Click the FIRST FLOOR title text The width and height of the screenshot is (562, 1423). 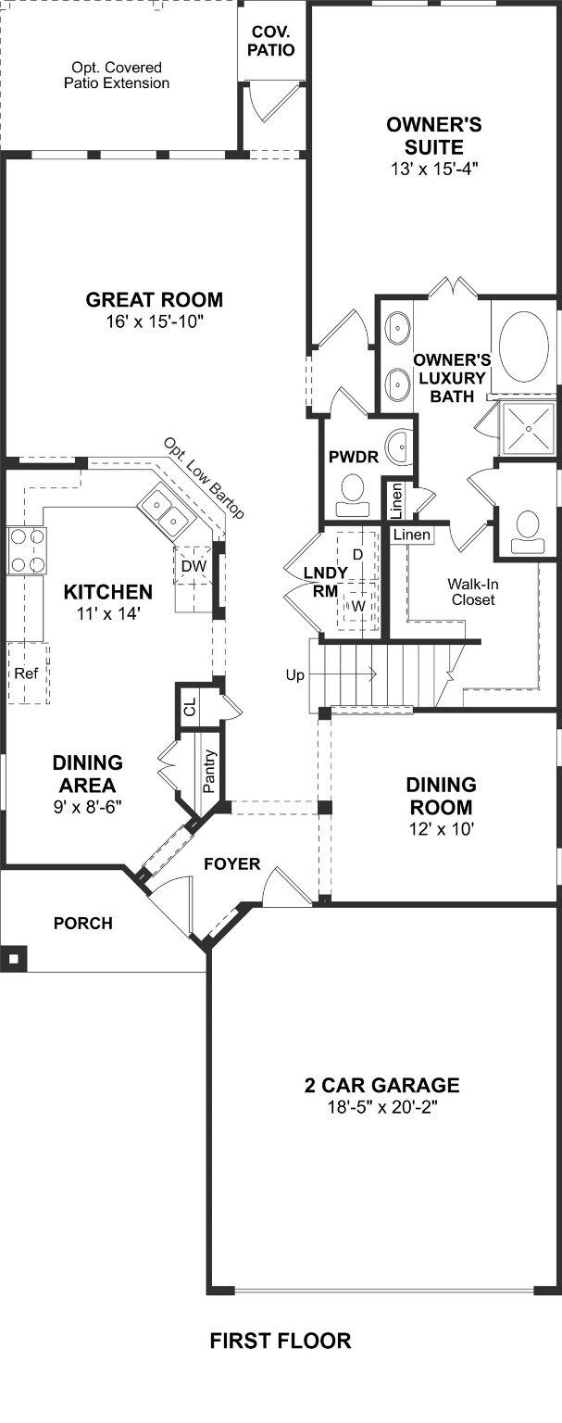(280, 1340)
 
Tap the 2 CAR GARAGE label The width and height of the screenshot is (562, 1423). (381, 1085)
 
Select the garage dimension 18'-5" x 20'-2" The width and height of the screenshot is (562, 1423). (381, 1107)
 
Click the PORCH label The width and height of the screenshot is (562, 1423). (82, 923)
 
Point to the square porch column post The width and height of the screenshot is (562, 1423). (13, 957)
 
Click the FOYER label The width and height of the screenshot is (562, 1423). (232, 864)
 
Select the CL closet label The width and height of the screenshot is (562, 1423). (190, 709)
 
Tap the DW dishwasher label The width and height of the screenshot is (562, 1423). (193, 565)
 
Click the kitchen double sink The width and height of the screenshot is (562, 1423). (164, 515)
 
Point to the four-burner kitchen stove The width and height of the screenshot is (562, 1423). (26, 550)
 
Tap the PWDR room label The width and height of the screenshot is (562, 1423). (348, 458)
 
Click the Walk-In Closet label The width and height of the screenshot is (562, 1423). (471, 592)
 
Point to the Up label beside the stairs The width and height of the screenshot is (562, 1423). (295, 675)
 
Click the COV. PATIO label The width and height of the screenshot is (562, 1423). (273, 41)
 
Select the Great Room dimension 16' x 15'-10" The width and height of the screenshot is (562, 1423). (154, 321)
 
